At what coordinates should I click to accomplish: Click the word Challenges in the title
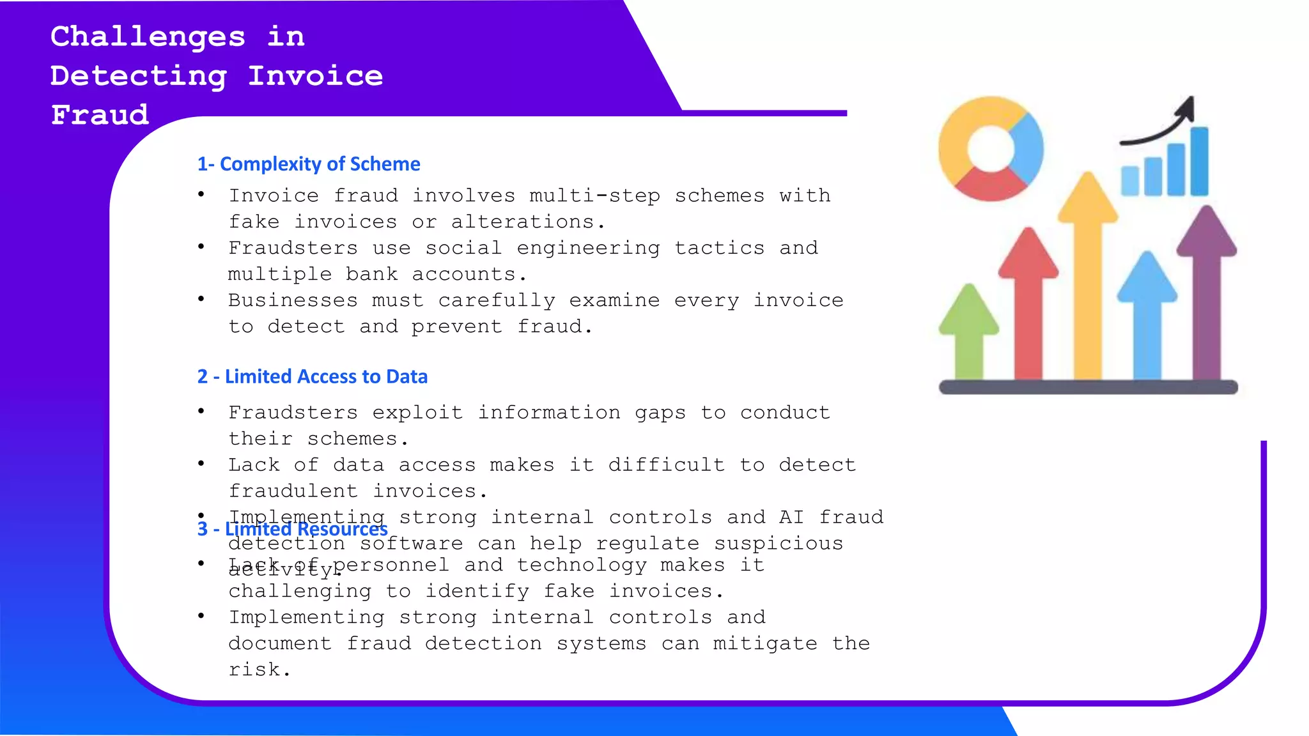pyautogui.click(x=148, y=36)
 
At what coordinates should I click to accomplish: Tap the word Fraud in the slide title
pyautogui.click(x=100, y=115)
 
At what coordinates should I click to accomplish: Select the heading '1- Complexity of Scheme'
pyautogui.click(x=309, y=164)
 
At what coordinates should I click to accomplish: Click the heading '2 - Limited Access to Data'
pyautogui.click(x=313, y=377)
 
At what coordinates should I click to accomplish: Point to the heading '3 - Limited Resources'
pyautogui.click(x=292, y=530)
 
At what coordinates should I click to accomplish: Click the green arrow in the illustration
pyautogui.click(x=968, y=332)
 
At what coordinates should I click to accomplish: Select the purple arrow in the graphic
pyautogui.click(x=1207, y=287)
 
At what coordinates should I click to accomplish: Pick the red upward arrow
pyautogui.click(x=1028, y=300)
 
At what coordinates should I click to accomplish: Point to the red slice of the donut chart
pyautogui.click(x=989, y=185)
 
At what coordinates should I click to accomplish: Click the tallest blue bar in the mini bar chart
pyautogui.click(x=1199, y=161)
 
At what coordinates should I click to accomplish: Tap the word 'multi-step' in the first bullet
pyautogui.click(x=595, y=195)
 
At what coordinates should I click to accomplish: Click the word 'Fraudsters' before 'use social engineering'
pyautogui.click(x=293, y=248)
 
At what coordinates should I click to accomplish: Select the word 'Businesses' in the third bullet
pyautogui.click(x=293, y=300)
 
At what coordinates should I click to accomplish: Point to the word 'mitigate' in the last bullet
pyautogui.click(x=765, y=643)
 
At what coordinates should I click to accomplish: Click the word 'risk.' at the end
pyautogui.click(x=259, y=670)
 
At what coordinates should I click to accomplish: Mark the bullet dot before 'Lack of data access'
pyautogui.click(x=201, y=463)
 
